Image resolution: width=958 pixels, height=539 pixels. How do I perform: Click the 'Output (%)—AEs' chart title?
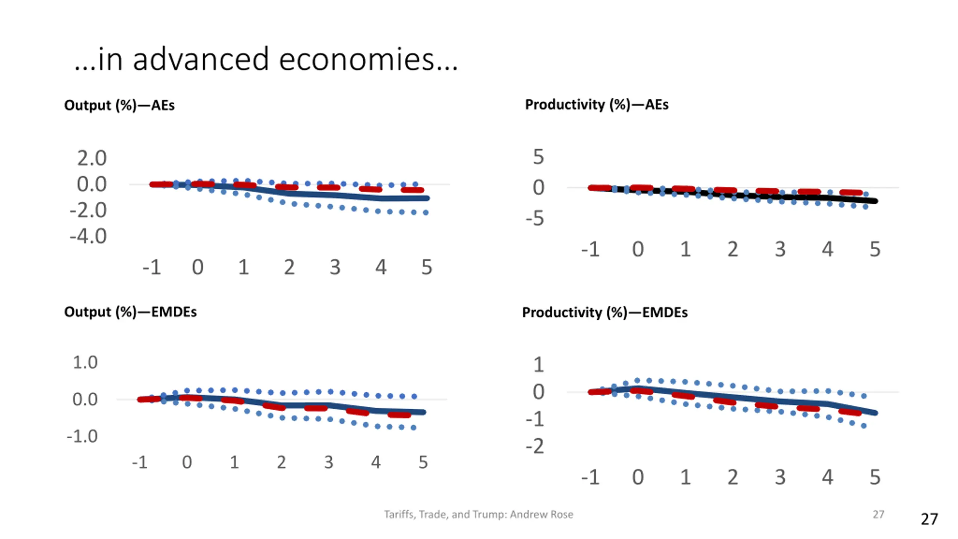coord(119,105)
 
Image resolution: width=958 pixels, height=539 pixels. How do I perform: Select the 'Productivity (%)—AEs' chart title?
coord(597,104)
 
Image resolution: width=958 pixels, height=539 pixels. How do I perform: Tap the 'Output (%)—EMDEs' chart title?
coord(130,312)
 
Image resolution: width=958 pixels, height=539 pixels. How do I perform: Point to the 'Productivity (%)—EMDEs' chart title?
coord(605,312)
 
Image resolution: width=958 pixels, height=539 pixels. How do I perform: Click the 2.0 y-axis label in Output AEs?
coord(92,158)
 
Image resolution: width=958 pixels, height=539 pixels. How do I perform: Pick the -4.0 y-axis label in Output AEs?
coord(88,236)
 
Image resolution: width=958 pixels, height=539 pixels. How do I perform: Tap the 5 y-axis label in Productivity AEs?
coord(538,156)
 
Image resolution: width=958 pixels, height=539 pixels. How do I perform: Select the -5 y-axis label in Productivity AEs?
coord(535,218)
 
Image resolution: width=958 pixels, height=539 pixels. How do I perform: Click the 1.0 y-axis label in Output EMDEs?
coord(85,362)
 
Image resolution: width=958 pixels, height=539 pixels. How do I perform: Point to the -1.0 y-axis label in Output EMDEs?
coord(82,436)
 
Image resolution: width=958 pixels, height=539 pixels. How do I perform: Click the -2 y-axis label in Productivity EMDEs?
coord(535,446)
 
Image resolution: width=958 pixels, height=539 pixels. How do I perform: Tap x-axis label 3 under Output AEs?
coord(335,267)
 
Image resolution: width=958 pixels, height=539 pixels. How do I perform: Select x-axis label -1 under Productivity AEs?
coord(590,249)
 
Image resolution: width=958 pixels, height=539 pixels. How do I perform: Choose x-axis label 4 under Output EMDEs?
coord(376,462)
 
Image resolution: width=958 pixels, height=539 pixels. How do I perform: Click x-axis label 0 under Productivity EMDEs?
coord(638,477)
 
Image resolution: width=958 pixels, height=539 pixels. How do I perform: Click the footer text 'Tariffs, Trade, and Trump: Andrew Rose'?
coord(478,514)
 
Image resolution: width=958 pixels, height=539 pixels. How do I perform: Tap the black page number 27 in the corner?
coord(929,519)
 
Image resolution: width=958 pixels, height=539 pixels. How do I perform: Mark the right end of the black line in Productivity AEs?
coord(875,201)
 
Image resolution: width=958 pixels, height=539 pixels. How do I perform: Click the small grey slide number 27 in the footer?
coord(878,514)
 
